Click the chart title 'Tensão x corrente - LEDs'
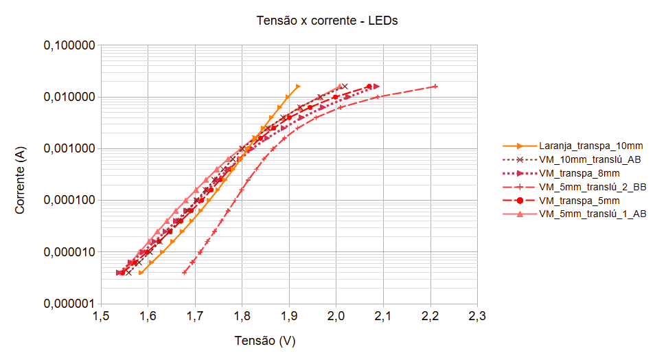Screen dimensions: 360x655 tap(327, 21)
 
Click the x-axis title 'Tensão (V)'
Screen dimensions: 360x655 tap(265, 341)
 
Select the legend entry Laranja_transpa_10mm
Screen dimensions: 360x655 tap(591, 146)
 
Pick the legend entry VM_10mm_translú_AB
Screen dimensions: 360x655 tap(590, 159)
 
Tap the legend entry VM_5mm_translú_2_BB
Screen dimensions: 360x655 tap(593, 187)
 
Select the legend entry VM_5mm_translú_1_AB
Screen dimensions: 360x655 tap(593, 214)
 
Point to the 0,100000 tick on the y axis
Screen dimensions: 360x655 tap(69, 46)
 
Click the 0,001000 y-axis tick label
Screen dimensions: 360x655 tap(69, 149)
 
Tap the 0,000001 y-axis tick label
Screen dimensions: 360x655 tap(69, 304)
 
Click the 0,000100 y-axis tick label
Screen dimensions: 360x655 tap(69, 201)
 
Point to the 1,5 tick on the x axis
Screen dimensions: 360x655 tap(101, 317)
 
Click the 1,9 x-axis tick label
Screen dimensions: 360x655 tap(289, 317)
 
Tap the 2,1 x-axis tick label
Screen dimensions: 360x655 tap(383, 317)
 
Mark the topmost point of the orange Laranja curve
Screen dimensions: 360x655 tap(297, 87)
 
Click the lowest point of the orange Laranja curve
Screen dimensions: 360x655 tap(141, 273)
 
